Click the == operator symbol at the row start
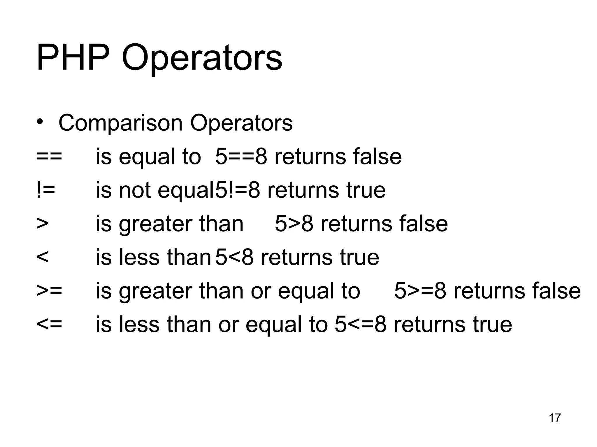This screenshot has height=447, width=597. pos(49,157)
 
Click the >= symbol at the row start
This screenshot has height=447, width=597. pos(49,291)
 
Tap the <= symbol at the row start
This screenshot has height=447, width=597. pos(49,324)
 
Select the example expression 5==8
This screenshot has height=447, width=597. pos(241,157)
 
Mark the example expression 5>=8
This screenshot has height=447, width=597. pos(420,291)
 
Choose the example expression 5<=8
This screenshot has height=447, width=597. pos(360,324)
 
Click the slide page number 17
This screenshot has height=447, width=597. pos(554,418)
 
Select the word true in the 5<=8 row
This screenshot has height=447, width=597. pos(492,324)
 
